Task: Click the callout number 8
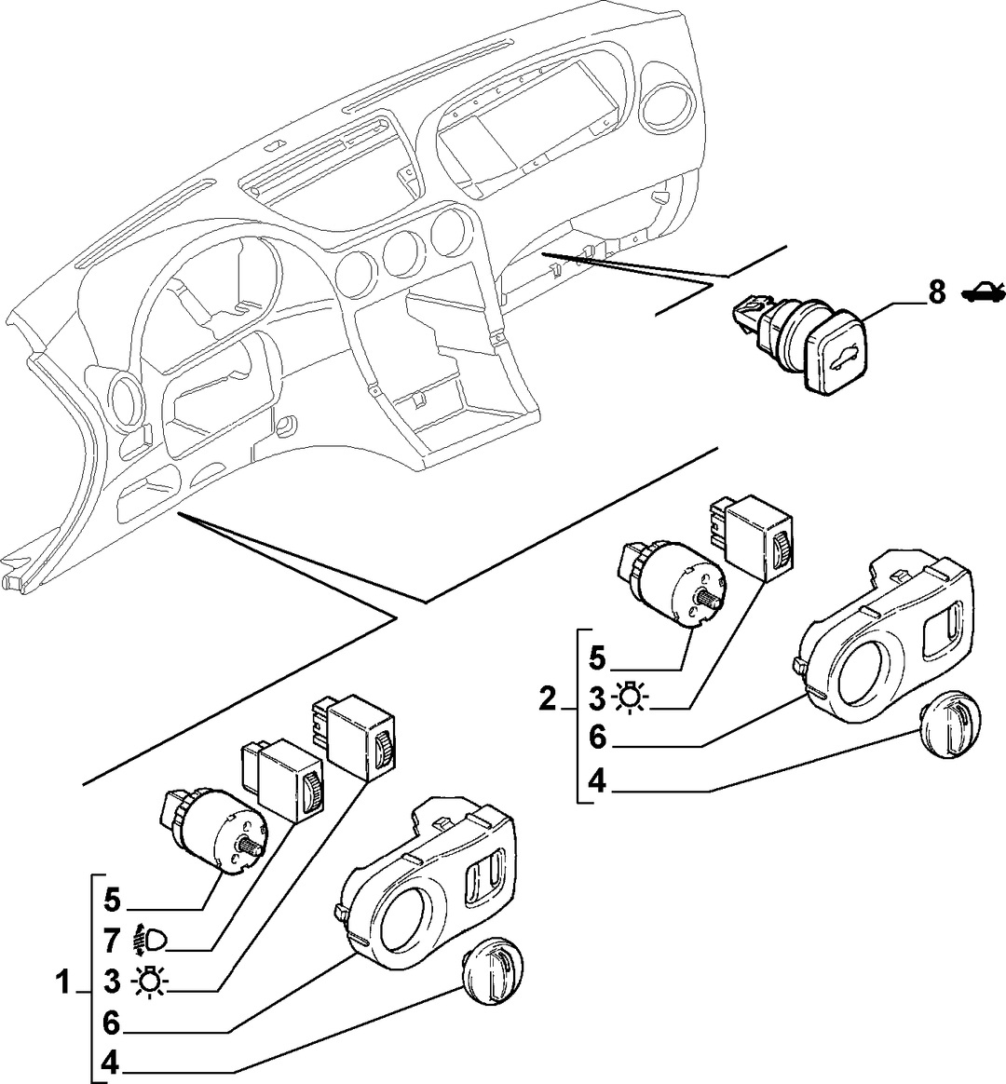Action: click(x=936, y=292)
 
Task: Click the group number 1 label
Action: click(x=63, y=982)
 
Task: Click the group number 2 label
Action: click(x=547, y=698)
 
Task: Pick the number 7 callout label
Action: click(x=112, y=941)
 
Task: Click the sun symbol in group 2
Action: click(x=630, y=699)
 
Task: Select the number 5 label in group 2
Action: click(x=597, y=658)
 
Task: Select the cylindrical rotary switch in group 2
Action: click(x=670, y=584)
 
